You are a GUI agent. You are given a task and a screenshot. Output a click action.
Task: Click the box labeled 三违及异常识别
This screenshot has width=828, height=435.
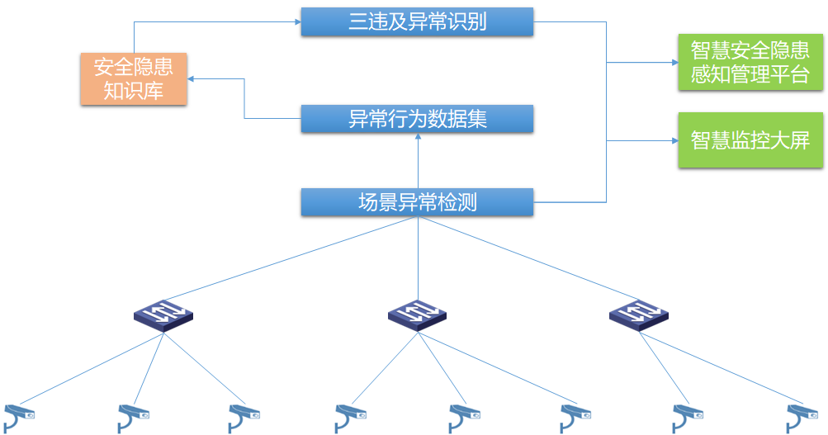pos(417,21)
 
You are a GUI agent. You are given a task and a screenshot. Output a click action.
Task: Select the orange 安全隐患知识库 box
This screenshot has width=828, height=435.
pos(134,78)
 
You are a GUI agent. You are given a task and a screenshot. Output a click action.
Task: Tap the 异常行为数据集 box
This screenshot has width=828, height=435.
pos(417,118)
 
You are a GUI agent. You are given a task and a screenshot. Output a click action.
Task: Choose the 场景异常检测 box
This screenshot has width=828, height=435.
pos(417,202)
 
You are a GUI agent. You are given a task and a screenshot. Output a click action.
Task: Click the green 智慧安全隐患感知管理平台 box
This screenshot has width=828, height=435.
pos(750,62)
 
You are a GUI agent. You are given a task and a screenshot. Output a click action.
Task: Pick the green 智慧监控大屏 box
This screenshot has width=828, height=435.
pos(750,140)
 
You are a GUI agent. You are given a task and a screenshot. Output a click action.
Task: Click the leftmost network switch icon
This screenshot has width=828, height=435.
pos(163,315)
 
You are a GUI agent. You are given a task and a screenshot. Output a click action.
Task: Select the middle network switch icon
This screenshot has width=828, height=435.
pos(417,315)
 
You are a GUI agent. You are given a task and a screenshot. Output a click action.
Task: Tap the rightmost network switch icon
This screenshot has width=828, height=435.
pos(639,315)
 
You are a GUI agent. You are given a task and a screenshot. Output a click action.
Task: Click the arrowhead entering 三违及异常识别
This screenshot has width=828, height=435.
pos(298,21)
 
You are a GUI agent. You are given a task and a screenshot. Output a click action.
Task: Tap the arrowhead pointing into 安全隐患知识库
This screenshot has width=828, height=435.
pos(191,78)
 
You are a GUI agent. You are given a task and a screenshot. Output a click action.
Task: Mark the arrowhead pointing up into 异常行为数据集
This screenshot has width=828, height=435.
pos(419,136)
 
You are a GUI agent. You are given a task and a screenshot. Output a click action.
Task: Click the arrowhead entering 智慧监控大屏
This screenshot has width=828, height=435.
pos(674,140)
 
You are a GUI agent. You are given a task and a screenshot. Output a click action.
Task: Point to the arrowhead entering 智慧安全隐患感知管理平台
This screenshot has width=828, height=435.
pos(674,62)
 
